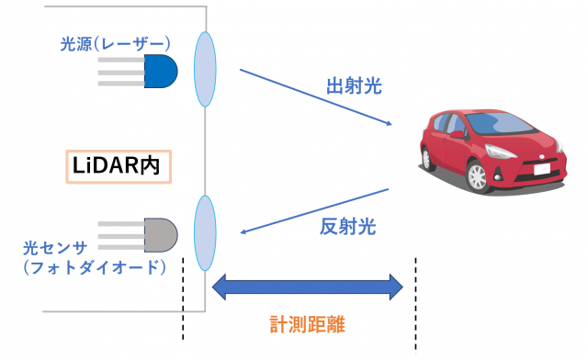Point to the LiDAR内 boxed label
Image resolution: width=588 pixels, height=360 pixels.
coord(119,166)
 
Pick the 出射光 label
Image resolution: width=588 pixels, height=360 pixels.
coord(353,87)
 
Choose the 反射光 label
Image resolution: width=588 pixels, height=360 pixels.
coord(348,226)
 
